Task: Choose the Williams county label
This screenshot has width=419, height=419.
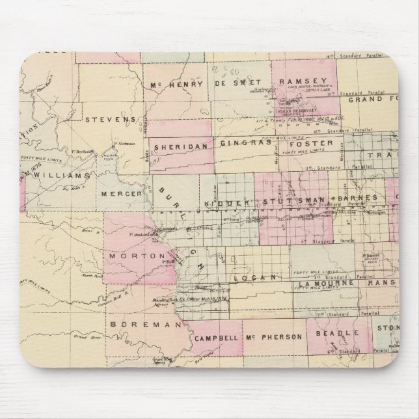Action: (x=61, y=175)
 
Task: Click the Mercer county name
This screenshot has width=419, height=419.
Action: (x=119, y=193)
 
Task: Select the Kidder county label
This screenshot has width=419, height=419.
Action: (x=228, y=203)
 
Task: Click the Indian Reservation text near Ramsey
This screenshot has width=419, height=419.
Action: (x=299, y=111)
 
